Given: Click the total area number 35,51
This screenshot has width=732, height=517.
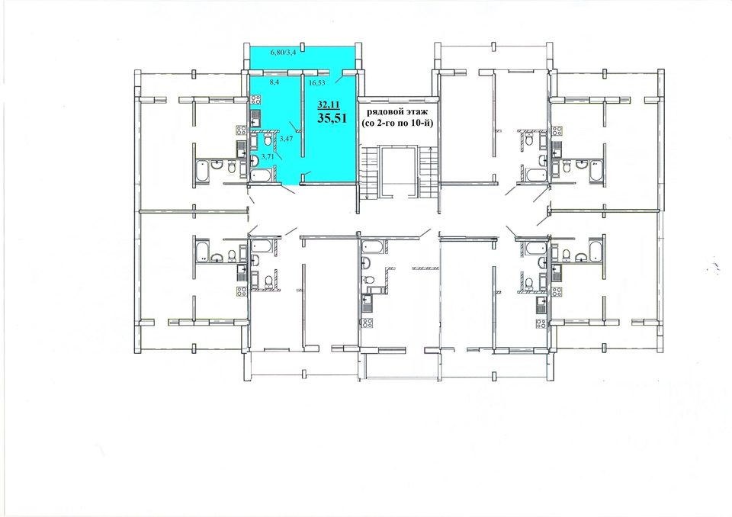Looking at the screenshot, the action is pos(332,117).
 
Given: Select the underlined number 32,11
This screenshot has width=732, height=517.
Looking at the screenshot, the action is pos(329,104).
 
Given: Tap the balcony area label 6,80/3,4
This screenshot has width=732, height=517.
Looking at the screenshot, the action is pos(284,53).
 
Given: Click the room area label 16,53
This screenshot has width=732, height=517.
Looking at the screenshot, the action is pos(317,82).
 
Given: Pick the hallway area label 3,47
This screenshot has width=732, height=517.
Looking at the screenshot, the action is pos(286,139).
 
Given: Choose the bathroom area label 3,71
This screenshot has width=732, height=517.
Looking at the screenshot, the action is pos(268,156).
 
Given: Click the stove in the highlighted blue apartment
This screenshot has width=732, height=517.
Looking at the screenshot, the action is pos(255,99).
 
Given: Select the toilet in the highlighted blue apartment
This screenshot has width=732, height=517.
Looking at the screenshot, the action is pos(268,140).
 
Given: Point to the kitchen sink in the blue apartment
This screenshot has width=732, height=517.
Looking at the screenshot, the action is pos(255,119).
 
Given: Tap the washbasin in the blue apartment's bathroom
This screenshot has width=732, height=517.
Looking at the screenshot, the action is pos(255,161).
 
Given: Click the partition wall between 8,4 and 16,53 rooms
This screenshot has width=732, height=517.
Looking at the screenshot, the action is pos(302,115).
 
